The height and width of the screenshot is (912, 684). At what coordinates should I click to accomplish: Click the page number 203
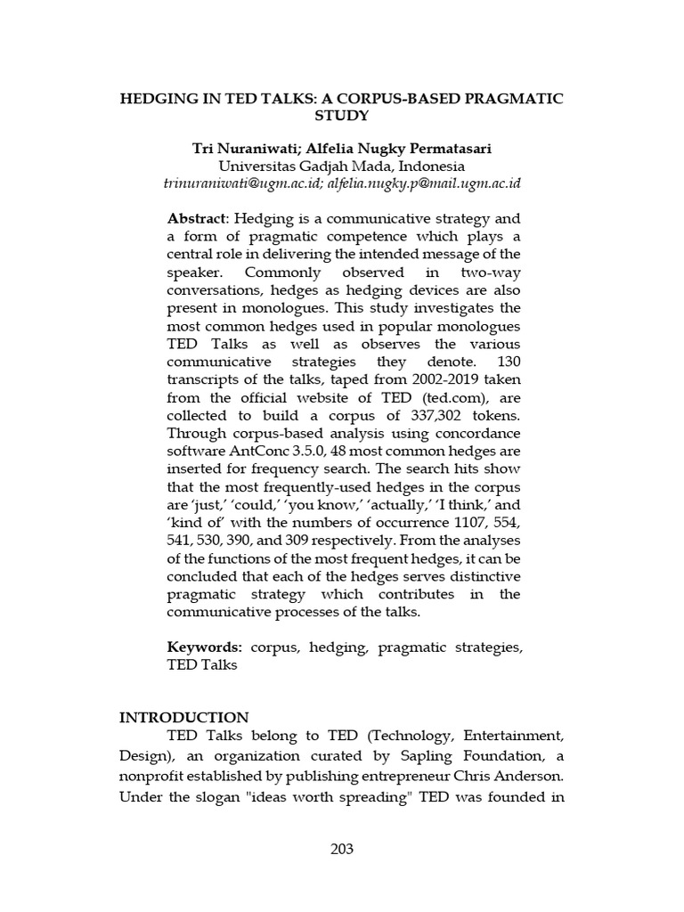point(341,849)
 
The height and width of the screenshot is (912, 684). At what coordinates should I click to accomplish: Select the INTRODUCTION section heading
point(184,717)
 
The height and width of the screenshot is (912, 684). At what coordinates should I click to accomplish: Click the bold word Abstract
point(197,219)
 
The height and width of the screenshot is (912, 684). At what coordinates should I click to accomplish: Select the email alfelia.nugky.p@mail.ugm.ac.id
point(424,183)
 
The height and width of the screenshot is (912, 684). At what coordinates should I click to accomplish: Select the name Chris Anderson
point(518,774)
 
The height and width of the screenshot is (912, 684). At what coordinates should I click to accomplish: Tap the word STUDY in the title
point(341,116)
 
